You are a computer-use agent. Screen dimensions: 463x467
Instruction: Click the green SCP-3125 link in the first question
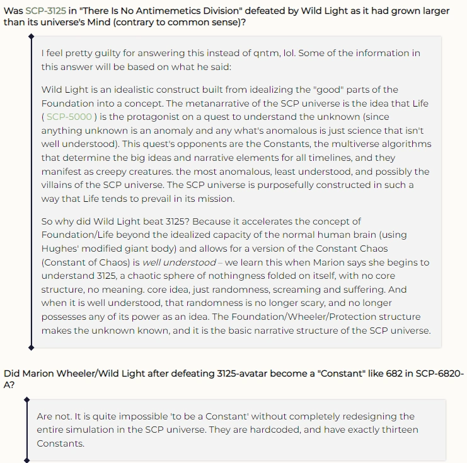pyautogui.click(x=46, y=11)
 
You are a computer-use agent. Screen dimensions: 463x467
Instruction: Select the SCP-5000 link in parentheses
pyautogui.click(x=69, y=117)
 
